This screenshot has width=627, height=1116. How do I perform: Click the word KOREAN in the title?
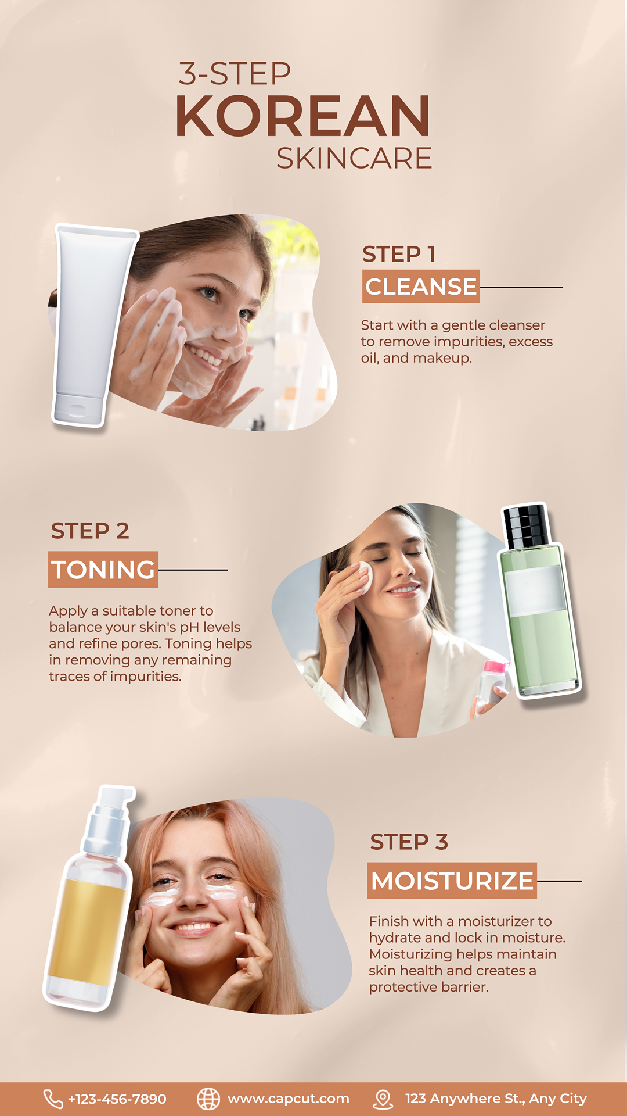[302, 116]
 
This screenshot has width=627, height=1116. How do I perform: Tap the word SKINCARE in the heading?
[354, 158]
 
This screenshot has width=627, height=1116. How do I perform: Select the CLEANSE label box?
[421, 287]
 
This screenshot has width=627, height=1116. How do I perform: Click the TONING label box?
[103, 570]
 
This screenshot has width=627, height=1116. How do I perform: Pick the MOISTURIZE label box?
[452, 881]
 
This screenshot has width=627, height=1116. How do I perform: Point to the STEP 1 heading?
[399, 254]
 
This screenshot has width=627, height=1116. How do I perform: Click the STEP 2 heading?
[90, 531]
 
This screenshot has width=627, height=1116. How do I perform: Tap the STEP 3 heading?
[409, 842]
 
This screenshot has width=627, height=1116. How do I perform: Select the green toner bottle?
[540, 602]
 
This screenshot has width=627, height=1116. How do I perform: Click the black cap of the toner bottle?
[525, 527]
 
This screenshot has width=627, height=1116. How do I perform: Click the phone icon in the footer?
[53, 1099]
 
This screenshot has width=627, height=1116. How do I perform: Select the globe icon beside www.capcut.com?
[208, 1099]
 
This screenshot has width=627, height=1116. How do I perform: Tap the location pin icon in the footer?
[383, 1099]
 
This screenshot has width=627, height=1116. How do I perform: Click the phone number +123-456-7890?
[117, 1099]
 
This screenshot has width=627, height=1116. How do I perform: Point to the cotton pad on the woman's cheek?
[365, 577]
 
